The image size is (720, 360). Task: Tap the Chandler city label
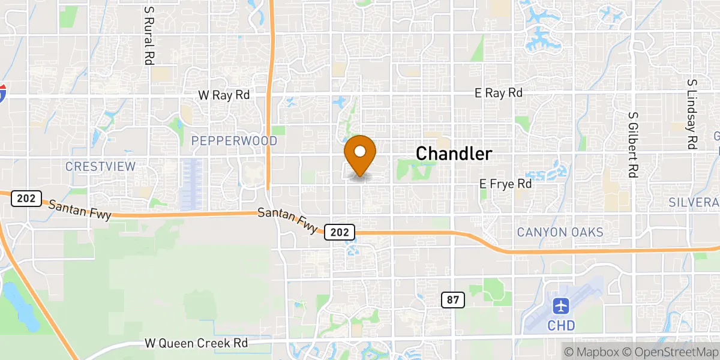click(454, 154)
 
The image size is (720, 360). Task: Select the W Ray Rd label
click(224, 95)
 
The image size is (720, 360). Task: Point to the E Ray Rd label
click(498, 93)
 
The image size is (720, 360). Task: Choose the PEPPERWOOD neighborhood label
click(234, 141)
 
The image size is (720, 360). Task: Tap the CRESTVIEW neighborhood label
click(101, 166)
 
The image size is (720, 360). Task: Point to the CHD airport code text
click(562, 326)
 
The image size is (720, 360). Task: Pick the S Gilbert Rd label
click(632, 144)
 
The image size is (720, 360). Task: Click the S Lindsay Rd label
click(692, 114)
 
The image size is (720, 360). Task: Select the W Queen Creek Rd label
click(196, 344)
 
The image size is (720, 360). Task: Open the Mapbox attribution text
click(590, 351)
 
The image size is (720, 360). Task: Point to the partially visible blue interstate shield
click(3, 94)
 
